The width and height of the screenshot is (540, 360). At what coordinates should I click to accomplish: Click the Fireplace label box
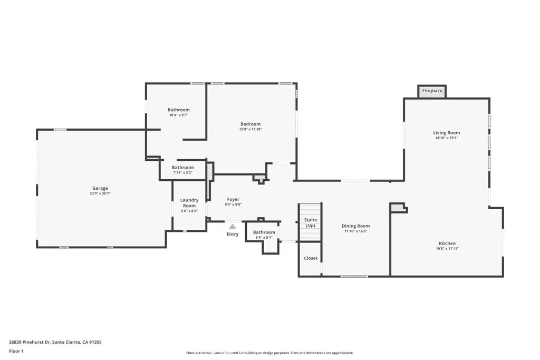click(432, 91)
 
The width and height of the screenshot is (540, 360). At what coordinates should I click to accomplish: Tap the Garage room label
click(100, 188)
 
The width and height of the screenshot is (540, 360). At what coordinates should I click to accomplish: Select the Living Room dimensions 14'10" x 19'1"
click(446, 139)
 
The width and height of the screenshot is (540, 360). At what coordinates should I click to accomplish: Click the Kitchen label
click(447, 244)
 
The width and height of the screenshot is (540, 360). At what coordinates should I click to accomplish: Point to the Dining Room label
click(356, 226)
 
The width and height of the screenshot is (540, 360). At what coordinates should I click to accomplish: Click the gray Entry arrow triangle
click(232, 226)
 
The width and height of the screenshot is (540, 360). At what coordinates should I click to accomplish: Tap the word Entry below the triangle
click(233, 235)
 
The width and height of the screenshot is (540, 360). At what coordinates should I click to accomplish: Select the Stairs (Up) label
click(311, 223)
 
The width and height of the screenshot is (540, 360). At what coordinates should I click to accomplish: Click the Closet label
click(311, 258)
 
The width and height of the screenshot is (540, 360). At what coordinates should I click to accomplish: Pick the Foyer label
click(233, 199)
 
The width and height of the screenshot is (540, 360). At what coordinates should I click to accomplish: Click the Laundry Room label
click(189, 202)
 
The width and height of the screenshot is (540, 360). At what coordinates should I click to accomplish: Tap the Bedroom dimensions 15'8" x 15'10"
click(250, 129)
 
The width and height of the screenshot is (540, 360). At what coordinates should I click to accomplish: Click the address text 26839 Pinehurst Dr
click(55, 342)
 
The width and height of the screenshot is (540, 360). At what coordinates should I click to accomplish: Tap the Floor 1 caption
click(16, 351)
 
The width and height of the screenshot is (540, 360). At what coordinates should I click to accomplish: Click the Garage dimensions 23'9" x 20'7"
click(100, 193)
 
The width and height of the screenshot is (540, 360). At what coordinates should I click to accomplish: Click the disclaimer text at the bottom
click(269, 353)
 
